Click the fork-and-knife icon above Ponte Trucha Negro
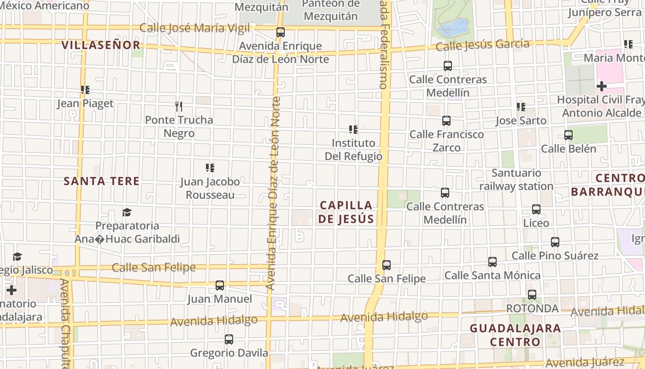pyautogui.click(x=179, y=107)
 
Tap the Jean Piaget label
pyautogui.click(x=85, y=103)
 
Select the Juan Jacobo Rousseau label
pyautogui.click(x=210, y=188)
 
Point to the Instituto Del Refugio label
pyautogui.click(x=353, y=149)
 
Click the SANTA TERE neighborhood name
pyautogui.click(x=101, y=181)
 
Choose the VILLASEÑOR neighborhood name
pyautogui.click(x=101, y=45)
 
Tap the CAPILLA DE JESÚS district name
pyautogui.click(x=346, y=212)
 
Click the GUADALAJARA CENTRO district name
pyautogui.click(x=515, y=335)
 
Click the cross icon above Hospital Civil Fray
pyautogui.click(x=601, y=86)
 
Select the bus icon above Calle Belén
pyautogui.click(x=569, y=135)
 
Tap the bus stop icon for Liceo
pyautogui.click(x=536, y=209)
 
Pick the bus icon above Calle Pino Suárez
pyautogui.click(x=555, y=242)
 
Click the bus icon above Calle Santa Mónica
pyautogui.click(x=493, y=262)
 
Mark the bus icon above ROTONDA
pyautogui.click(x=532, y=295)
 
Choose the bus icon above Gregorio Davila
pyautogui.click(x=229, y=339)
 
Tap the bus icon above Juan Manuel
pyautogui.click(x=220, y=286)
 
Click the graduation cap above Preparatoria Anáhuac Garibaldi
pyautogui.click(x=127, y=212)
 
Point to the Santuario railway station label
pyautogui.click(x=516, y=179)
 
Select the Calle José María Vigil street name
pyautogui.click(x=194, y=28)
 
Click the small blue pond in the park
pyautogui.click(x=453, y=28)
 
